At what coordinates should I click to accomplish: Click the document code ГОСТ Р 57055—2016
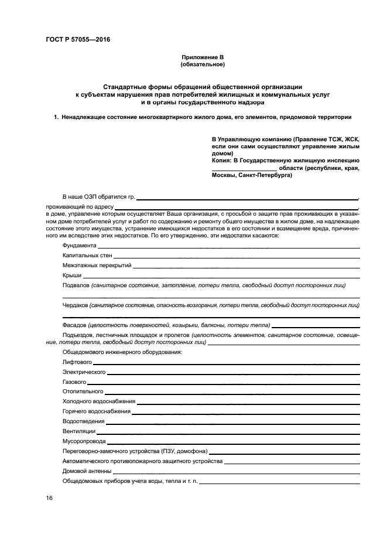[78, 40]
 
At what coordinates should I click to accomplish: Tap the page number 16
[49, 498]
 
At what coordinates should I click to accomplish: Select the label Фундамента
[79, 246]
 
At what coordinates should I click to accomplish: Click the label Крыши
[72, 275]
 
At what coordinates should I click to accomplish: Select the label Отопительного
[83, 392]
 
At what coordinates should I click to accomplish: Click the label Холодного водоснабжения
[99, 401]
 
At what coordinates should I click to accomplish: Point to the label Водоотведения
[84, 421]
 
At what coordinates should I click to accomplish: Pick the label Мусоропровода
[84, 441]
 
